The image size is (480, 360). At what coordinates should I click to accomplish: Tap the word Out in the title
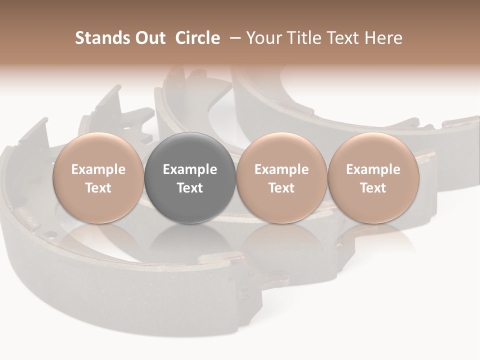[x=149, y=38]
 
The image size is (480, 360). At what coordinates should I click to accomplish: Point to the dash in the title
[x=233, y=38]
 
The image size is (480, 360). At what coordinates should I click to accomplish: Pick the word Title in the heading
[x=304, y=38]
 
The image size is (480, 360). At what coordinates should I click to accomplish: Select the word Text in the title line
[x=343, y=38]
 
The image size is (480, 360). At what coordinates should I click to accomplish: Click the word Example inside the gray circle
[x=190, y=169]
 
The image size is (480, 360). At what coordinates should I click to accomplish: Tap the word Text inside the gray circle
[x=190, y=188]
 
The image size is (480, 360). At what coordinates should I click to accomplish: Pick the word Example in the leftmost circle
[x=98, y=169]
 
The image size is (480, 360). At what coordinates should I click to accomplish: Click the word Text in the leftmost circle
[x=98, y=188]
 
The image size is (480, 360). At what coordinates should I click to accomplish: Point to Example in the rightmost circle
[x=373, y=169]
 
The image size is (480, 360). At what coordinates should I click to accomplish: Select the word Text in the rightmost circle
[x=373, y=188]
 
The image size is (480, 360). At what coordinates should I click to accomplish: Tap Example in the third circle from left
[x=281, y=169]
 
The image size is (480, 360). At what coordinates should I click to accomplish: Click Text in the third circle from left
[x=281, y=188]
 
